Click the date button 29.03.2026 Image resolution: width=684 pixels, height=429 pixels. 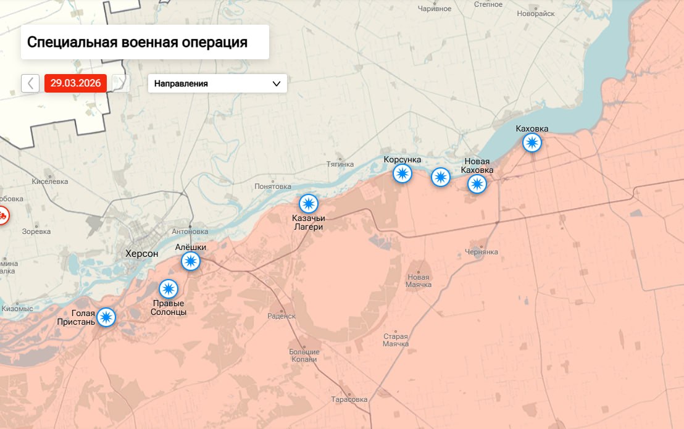(75, 83)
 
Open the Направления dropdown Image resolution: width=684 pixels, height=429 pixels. (217, 83)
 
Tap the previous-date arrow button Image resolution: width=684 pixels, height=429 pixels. (30, 83)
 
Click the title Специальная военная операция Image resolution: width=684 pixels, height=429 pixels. (137, 43)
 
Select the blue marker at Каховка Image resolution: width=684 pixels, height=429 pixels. (532, 143)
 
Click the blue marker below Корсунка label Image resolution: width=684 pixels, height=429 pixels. (402, 174)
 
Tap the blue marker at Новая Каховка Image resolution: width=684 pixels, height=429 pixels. (477, 184)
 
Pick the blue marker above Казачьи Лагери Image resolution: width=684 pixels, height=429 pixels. (308, 203)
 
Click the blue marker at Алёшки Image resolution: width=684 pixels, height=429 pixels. (191, 262)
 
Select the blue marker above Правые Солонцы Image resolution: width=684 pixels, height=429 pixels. (169, 289)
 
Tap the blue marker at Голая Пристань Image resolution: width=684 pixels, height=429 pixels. (107, 317)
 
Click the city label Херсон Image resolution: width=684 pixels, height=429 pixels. (141, 253)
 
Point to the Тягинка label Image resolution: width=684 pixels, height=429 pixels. (340, 164)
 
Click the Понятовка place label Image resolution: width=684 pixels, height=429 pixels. (273, 186)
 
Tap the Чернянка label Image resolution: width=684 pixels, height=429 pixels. (482, 252)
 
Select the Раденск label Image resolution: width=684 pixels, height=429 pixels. (282, 315)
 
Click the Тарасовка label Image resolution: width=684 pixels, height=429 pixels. (349, 399)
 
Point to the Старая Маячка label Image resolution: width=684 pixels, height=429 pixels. (396, 340)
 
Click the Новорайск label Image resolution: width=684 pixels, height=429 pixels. (536, 13)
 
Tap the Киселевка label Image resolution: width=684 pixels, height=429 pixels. (50, 181)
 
